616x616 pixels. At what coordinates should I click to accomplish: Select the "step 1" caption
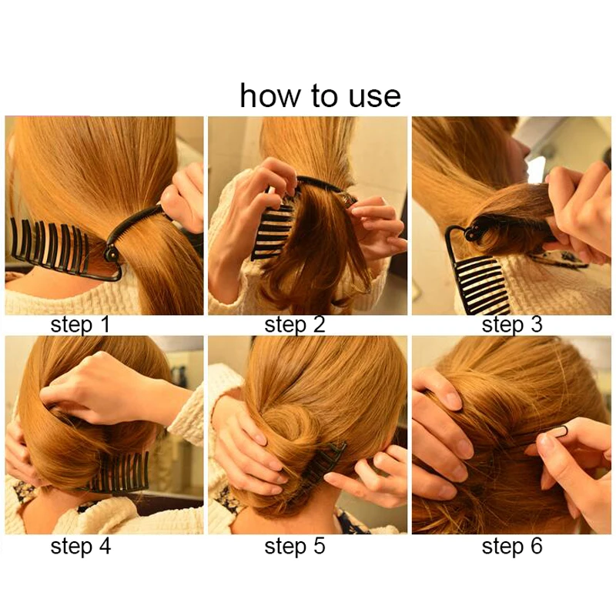pos(80,325)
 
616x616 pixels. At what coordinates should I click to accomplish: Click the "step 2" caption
pos(295,325)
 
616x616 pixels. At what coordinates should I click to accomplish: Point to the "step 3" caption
pos(512,325)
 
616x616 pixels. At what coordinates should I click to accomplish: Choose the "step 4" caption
pos(81,547)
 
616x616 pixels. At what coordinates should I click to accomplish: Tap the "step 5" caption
pos(295,547)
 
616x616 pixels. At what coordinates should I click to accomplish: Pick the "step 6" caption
pos(512,547)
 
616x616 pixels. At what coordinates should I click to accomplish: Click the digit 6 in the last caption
pos(536,546)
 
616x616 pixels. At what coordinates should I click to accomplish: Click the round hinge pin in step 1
pos(110,253)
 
